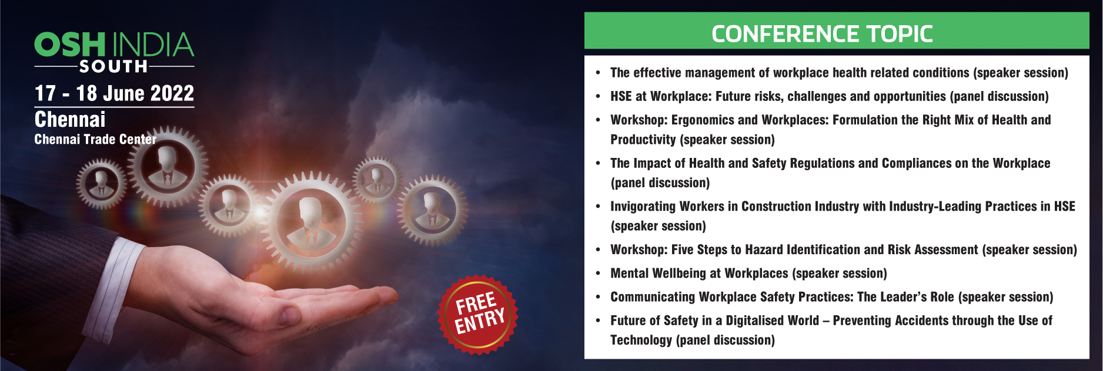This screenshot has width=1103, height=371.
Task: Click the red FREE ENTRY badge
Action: tap(478, 314)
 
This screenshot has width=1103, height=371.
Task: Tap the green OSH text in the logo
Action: tap(70, 45)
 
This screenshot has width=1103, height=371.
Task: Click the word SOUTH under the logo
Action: tap(113, 66)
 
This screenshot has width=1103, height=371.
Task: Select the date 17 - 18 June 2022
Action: tap(114, 93)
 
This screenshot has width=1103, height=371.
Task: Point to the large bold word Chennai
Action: tap(70, 119)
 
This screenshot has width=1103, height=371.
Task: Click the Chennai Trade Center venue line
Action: tap(95, 139)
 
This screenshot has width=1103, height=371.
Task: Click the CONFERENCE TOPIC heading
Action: tap(822, 33)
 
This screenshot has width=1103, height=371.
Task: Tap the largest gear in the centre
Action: tap(310, 221)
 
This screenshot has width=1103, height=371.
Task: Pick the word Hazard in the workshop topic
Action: tap(764, 249)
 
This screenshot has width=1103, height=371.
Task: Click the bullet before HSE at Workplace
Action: tap(598, 96)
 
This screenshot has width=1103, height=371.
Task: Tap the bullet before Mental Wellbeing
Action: tap(598, 274)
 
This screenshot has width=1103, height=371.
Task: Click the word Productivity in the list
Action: tap(643, 140)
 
